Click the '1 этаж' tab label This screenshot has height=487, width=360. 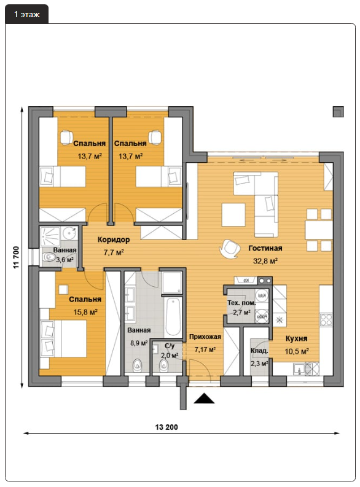[27, 14]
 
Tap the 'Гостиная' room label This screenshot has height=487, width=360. [265, 248]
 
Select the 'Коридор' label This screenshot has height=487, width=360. [114, 240]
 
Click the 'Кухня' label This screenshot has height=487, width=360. [297, 338]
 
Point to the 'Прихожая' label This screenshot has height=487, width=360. [205, 337]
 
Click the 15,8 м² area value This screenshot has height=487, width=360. [85, 312]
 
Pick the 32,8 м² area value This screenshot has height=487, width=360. [265, 261]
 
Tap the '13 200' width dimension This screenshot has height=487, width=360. [166, 427]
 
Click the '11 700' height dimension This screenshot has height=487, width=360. [16, 257]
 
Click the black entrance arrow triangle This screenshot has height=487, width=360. [204, 398]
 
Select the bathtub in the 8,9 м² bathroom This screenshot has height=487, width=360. [173, 316]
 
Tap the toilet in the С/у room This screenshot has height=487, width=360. [163, 365]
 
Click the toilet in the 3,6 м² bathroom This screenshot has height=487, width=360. [49, 257]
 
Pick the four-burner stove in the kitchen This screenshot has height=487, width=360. [326, 320]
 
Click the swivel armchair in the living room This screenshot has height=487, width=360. [230, 248]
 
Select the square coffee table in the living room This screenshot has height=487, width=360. [233, 214]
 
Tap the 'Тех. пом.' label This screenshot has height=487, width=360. [241, 303]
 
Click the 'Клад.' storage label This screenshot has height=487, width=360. [259, 351]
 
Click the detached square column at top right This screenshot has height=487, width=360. [338, 112]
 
